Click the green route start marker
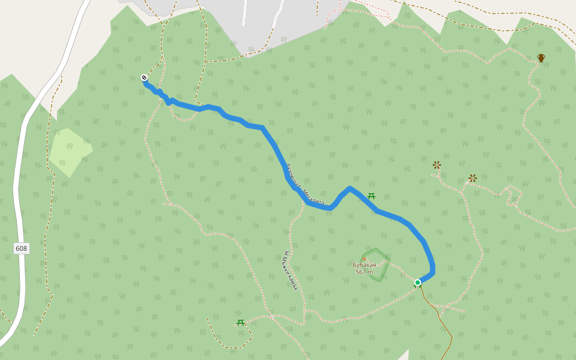(418, 283)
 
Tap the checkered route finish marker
(144, 77)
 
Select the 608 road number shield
(22, 248)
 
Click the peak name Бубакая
(364, 265)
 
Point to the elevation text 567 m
(364, 272)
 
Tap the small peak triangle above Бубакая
(364, 259)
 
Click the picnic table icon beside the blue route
(371, 196)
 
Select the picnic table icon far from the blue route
(241, 323)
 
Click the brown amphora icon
(541, 58)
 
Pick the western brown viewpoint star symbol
(437, 165)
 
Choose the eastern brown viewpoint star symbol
(473, 178)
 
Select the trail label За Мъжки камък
(291, 270)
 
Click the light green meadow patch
(70, 151)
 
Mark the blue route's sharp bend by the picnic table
(350, 189)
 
